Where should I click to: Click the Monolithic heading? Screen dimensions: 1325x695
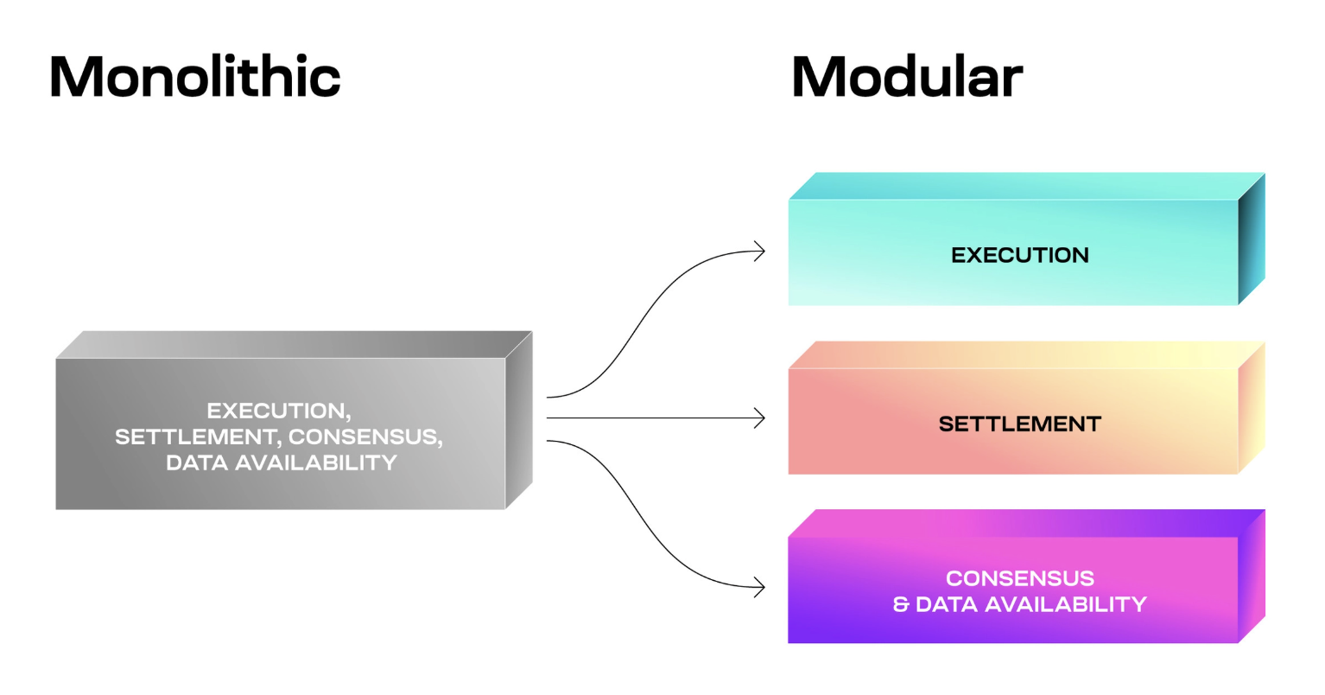tap(195, 76)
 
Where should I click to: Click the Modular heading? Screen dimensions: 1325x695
tap(907, 76)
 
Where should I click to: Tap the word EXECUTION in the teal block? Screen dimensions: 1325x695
tap(1020, 255)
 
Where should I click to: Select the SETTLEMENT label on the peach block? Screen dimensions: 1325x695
tap(1020, 424)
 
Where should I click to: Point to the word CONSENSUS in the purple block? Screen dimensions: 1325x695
tap(1020, 578)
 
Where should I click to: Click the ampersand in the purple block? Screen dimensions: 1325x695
tap(901, 604)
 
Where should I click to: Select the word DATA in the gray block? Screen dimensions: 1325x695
tap(196, 463)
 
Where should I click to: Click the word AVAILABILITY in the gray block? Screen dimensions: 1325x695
tap(316, 463)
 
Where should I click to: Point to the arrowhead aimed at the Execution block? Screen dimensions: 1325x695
tap(759, 251)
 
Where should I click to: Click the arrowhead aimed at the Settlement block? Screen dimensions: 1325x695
tap(759, 418)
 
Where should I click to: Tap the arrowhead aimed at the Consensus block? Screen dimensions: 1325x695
tap(759, 587)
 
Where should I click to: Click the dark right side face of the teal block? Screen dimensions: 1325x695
tap(1251, 239)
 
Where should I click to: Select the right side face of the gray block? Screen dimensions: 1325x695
tap(519, 420)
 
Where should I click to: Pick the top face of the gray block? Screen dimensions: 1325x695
tap(294, 345)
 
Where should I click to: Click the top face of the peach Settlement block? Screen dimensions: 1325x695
tap(1026, 354)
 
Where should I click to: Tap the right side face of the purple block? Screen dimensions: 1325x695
tap(1251, 576)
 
